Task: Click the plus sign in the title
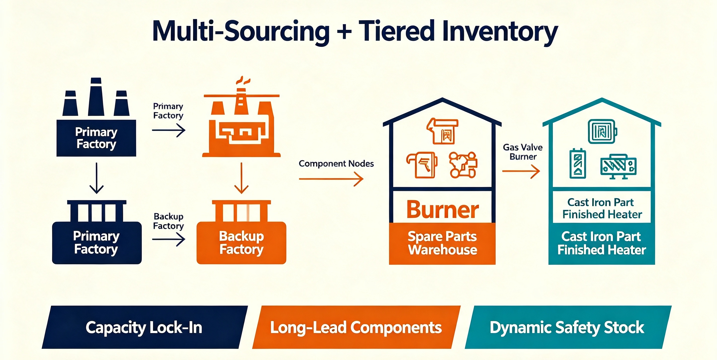coord(344,31)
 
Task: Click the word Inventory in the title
coord(500,32)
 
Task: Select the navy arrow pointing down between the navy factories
coord(96,178)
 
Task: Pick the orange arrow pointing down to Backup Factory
coord(241,178)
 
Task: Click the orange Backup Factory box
coord(241,243)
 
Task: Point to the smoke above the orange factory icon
coord(243,80)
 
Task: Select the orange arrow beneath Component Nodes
coord(331,179)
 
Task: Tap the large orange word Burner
coord(443,210)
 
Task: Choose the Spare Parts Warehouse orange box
coord(442,243)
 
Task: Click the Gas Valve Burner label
coord(523,152)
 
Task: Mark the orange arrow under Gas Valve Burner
coord(521,171)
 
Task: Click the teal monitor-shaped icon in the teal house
coord(619,166)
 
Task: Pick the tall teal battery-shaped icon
coord(578,163)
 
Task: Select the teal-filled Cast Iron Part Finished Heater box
coord(601,243)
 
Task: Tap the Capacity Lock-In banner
coord(145,327)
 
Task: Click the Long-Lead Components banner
coord(356,327)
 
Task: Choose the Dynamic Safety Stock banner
coord(568,327)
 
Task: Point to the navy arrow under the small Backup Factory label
coord(169,239)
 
